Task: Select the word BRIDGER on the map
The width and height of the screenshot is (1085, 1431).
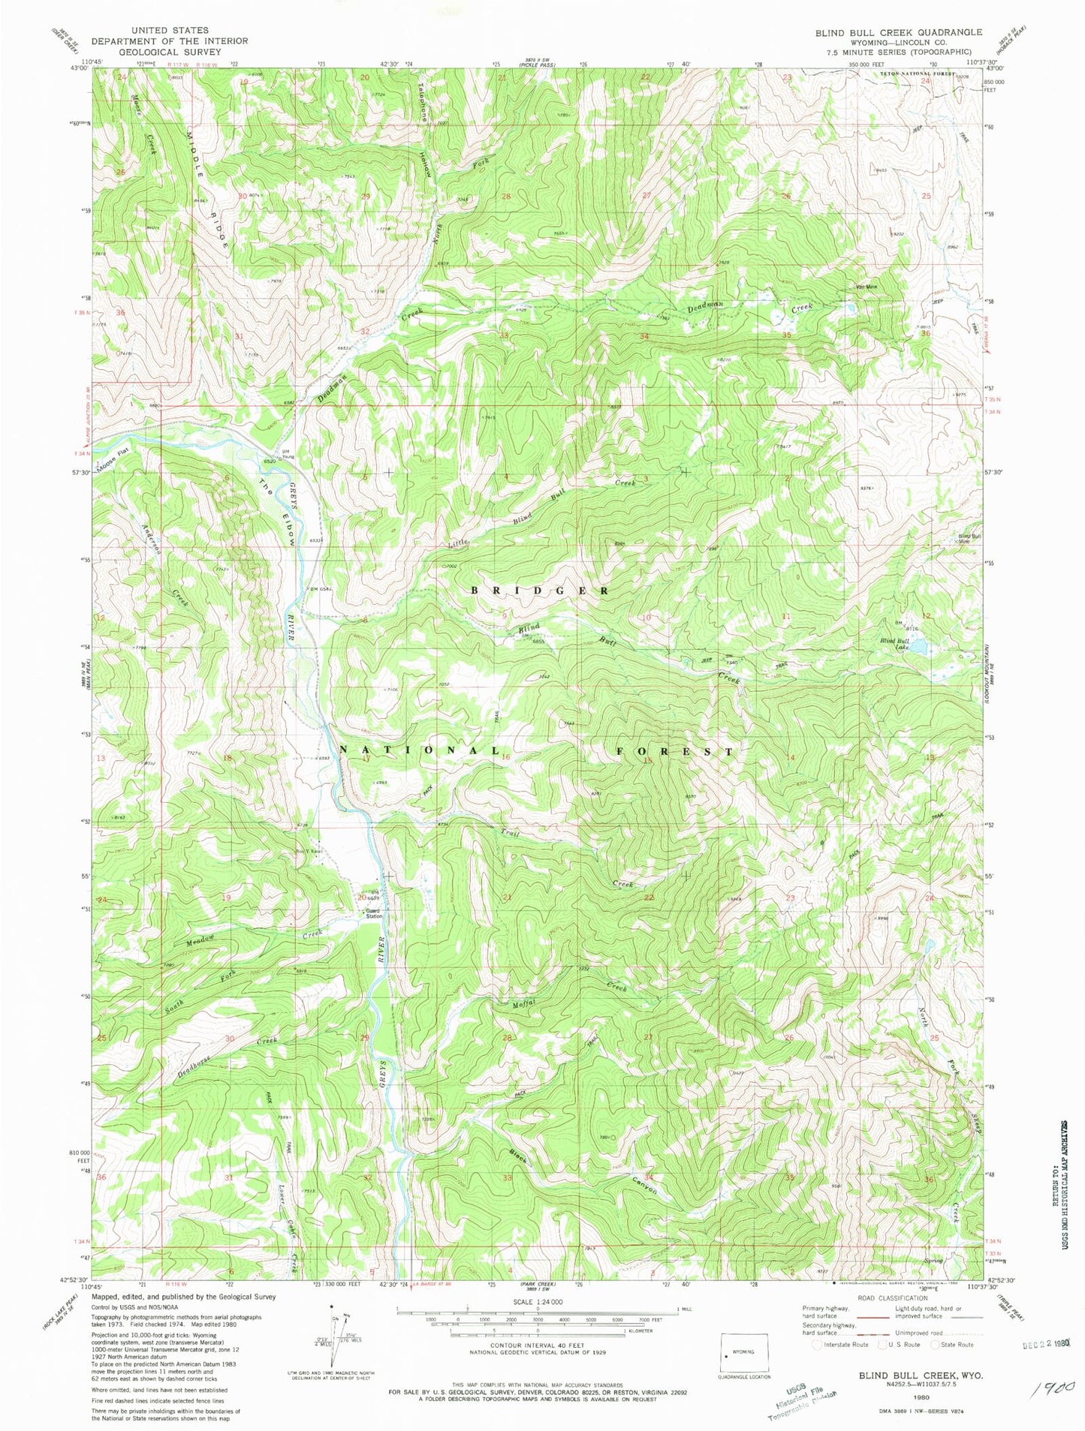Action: coord(540,591)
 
